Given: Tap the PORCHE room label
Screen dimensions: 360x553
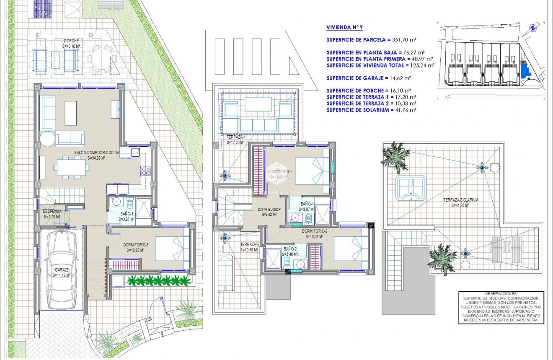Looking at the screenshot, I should [71, 41].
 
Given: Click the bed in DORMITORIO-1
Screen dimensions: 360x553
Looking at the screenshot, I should [312, 171].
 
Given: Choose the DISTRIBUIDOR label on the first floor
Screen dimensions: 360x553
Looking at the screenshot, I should [269, 209].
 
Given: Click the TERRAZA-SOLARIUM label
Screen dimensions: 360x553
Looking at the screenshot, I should [461, 200].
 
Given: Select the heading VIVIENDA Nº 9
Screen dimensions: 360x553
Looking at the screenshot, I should [344, 27].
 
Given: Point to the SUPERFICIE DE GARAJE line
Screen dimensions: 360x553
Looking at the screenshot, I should [368, 78].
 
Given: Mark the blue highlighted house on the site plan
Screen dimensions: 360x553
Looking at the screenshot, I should [524, 69].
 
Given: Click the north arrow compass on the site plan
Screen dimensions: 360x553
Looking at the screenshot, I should [532, 28].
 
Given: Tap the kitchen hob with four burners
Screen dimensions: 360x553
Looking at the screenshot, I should [146, 171].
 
